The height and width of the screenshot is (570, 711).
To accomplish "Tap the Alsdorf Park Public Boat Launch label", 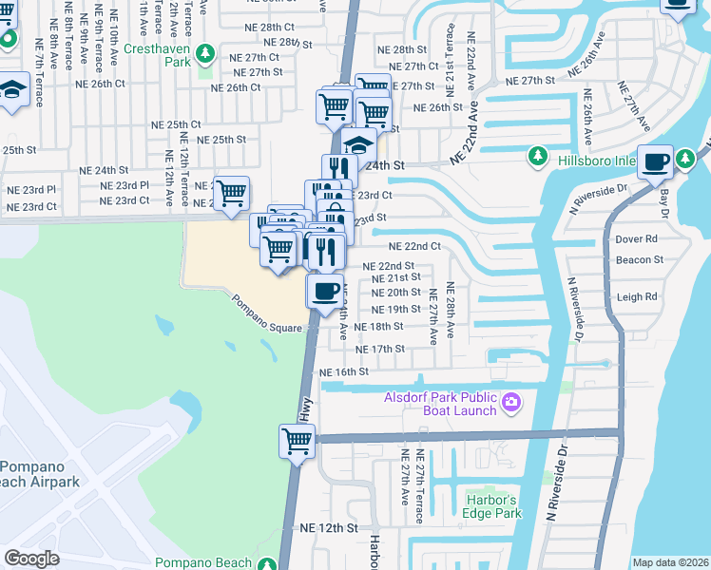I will (x=441, y=404).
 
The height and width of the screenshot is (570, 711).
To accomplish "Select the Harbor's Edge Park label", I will (x=494, y=506).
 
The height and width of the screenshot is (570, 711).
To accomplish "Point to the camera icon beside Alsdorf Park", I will (x=511, y=402).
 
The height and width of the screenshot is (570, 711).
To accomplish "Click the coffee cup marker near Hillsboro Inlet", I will (x=656, y=161).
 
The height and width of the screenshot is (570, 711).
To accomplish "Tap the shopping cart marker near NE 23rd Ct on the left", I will (x=231, y=193).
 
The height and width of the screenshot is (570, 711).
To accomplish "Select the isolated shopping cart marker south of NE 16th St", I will (x=297, y=440).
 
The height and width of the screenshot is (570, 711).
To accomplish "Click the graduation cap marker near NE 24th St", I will (x=358, y=145).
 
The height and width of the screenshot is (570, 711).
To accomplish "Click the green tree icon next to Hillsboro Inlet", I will (x=537, y=155).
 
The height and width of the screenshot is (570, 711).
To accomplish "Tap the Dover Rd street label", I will (x=636, y=239).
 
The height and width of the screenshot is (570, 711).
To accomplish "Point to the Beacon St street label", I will (x=639, y=259).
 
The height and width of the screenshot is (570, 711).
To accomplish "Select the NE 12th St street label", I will (x=328, y=527).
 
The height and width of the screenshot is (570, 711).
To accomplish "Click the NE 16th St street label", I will (x=344, y=371).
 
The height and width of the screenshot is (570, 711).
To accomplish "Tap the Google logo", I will (x=31, y=559).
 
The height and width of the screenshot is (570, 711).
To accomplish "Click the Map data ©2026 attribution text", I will (x=670, y=562).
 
